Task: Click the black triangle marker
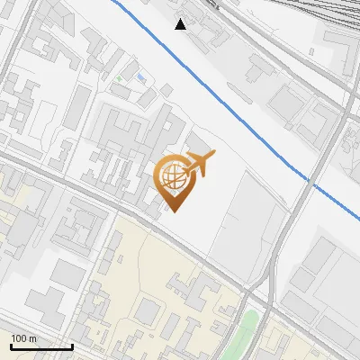pyautogui.click(x=181, y=24)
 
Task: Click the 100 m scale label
pyautogui.click(x=23, y=338)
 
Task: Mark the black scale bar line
pyautogui.click(x=41, y=346)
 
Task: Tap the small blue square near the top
pyautogui.click(x=140, y=77)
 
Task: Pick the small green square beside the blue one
pyautogui.click(x=118, y=78)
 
